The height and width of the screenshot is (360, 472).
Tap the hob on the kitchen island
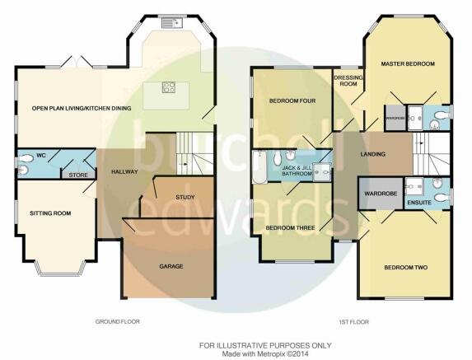point(169,87)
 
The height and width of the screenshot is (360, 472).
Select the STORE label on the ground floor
point(78,175)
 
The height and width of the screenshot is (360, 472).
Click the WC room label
point(40,156)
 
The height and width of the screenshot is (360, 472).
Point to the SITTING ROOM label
point(50,213)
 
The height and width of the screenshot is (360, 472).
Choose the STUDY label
point(185,198)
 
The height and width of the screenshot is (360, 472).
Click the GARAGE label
point(171,266)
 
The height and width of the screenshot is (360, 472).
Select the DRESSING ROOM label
point(348,81)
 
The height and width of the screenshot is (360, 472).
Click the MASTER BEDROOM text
point(408,63)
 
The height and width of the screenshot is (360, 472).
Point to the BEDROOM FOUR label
point(292,101)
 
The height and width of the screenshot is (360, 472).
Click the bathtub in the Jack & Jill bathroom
point(259,167)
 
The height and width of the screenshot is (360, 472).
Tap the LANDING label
point(373,154)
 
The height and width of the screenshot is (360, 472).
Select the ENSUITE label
point(419,203)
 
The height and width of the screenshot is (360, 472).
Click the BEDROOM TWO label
point(406,267)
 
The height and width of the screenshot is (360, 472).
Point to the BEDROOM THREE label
point(290,228)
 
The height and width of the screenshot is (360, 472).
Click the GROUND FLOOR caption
point(118,322)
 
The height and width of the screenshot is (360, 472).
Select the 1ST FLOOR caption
point(353,322)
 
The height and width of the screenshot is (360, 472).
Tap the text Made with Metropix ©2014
point(265,354)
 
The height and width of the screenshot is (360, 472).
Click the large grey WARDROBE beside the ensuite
point(381,194)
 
